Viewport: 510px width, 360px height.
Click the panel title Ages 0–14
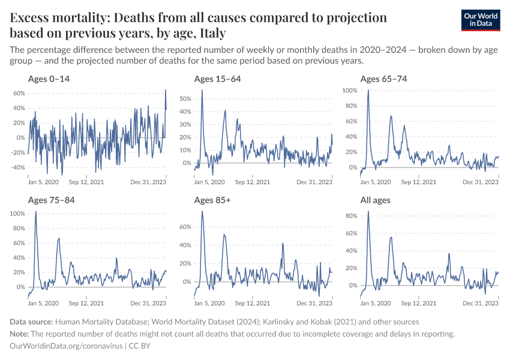coord(49,79)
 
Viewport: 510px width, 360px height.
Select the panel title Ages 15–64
coord(217,79)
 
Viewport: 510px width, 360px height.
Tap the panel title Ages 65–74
coord(383,79)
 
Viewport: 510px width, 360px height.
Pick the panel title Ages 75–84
coord(51,200)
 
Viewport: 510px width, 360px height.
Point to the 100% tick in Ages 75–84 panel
coord(17,214)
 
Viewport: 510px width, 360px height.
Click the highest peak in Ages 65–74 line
coord(368,91)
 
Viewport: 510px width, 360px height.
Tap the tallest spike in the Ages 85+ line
coord(202,211)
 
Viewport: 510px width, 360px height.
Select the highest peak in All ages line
coord(368,211)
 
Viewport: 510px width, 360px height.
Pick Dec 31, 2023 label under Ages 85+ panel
coord(315,304)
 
